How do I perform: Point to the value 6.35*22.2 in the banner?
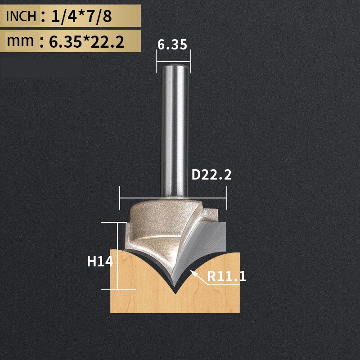(86, 41)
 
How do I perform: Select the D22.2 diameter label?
(211, 175)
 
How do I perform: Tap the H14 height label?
(99, 261)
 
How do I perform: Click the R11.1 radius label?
(227, 276)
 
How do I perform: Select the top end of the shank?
(173, 66)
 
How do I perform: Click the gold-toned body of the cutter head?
(153, 225)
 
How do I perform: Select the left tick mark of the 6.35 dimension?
(156, 61)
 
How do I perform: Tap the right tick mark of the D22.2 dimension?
(227, 197)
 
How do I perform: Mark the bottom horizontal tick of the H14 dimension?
(118, 289)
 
